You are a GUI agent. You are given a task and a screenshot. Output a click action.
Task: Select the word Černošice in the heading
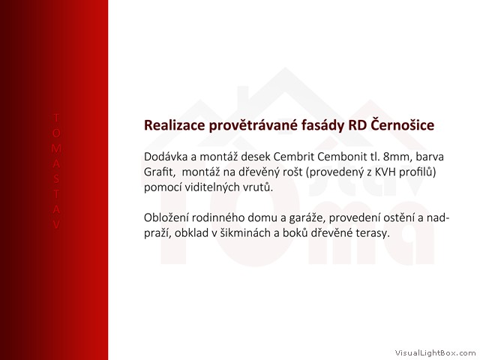[x=402, y=124]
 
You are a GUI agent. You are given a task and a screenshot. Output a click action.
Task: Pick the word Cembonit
[x=340, y=157]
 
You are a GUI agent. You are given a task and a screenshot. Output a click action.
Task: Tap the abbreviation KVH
[x=386, y=172]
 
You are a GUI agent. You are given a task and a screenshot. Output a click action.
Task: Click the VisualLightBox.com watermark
[x=435, y=353]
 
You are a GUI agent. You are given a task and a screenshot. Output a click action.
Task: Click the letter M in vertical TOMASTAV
[x=56, y=148]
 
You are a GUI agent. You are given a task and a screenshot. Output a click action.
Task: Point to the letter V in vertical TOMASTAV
[x=56, y=225]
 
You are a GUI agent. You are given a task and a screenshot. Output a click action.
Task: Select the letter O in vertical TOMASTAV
[x=56, y=133]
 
